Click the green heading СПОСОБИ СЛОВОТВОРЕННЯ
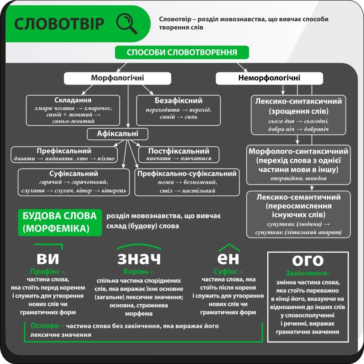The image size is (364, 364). [x=182, y=52]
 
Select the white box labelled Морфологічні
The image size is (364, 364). [x=117, y=78]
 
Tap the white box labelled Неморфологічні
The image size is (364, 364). [x=269, y=78]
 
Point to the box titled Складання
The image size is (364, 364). [x=73, y=110]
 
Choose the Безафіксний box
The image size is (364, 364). [x=178, y=110]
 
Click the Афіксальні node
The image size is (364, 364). [x=117, y=134]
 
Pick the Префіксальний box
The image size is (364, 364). [x=64, y=154]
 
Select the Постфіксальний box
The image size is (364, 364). [x=179, y=154]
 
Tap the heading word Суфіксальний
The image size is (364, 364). [x=74, y=173]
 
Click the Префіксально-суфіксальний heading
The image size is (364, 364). [x=187, y=173]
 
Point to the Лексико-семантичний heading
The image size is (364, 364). [x=299, y=197]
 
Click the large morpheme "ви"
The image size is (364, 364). [x=48, y=258]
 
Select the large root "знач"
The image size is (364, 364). [x=139, y=258]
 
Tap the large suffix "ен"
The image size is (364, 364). [x=228, y=258]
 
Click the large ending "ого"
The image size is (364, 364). [x=308, y=261]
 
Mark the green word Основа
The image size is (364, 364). [x=44, y=326]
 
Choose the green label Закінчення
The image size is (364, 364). [x=307, y=273]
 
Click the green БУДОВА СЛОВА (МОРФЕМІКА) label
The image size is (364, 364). [x=60, y=223]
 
